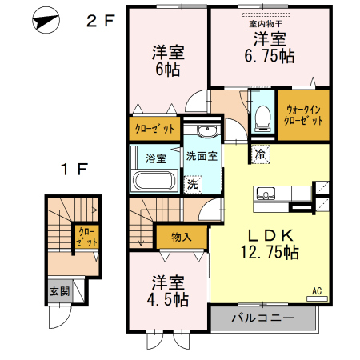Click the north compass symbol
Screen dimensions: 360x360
(46, 20)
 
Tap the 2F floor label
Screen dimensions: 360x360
(101, 21)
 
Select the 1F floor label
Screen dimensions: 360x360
(74, 169)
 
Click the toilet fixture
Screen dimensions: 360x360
(262, 118)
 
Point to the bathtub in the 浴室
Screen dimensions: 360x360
(153, 181)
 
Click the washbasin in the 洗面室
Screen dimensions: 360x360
(207, 130)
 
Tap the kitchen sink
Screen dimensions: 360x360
(266, 194)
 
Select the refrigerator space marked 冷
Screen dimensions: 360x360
(260, 154)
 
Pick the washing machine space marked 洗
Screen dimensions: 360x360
(193, 184)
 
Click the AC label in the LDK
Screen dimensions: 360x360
(317, 291)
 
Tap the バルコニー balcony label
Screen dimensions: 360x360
(262, 318)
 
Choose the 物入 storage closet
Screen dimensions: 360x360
(182, 237)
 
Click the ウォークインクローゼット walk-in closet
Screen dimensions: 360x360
(304, 115)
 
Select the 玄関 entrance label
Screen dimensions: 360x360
(60, 291)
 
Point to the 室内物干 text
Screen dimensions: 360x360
(266, 24)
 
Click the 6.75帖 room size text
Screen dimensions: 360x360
(270, 56)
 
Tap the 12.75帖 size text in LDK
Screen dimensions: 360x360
(270, 252)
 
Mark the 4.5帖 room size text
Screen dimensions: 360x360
(168, 300)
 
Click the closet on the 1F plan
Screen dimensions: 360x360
(87, 237)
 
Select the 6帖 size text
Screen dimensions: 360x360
(168, 70)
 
